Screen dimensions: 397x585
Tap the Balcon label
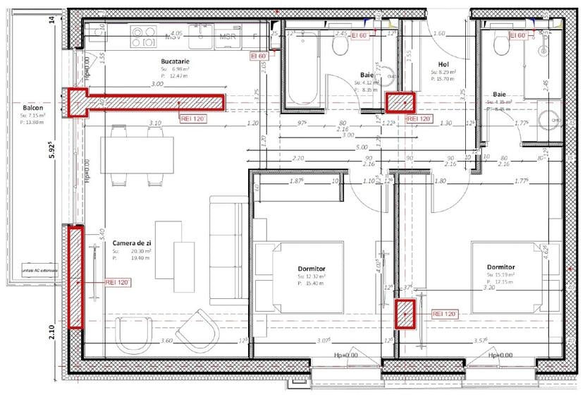click(x=34, y=108)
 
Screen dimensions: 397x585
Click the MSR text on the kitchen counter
click(x=227, y=37)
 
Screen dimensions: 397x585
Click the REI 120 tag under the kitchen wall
click(x=192, y=119)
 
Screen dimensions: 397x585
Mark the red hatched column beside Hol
click(x=400, y=103)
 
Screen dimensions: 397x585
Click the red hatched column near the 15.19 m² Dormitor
click(x=405, y=313)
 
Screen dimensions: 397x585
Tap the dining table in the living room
click(x=137, y=154)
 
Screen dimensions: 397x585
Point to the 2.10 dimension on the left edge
click(x=52, y=331)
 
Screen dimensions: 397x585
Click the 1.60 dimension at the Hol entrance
click(x=440, y=33)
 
